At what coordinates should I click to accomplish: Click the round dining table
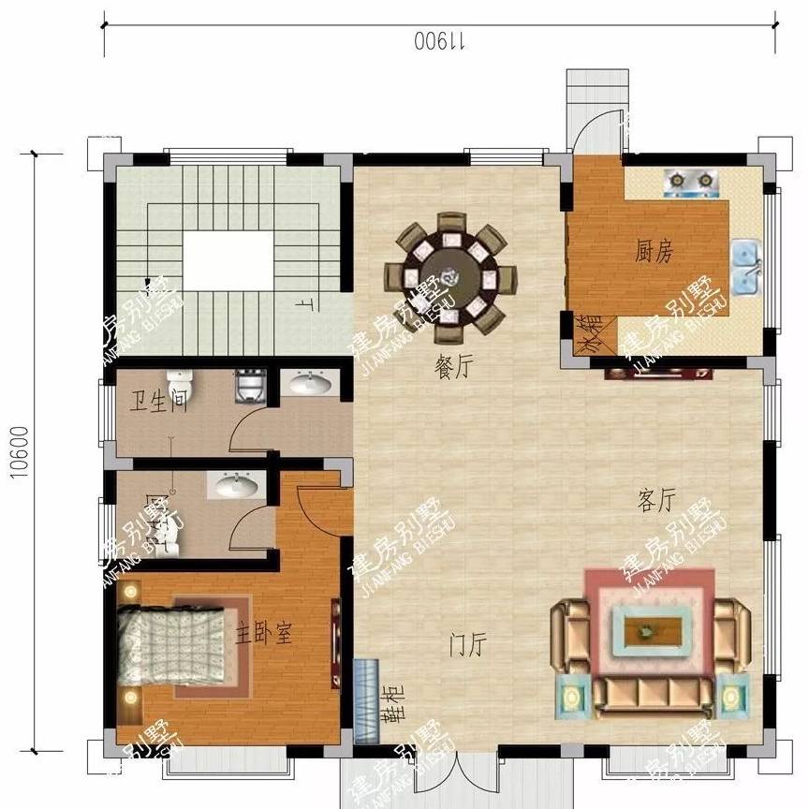point(450,274)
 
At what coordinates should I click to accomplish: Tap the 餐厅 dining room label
point(451,369)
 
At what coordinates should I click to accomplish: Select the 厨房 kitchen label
point(654,251)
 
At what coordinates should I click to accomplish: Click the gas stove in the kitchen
point(688,182)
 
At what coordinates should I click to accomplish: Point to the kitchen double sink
point(746,267)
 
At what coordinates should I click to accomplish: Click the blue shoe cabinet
point(367,701)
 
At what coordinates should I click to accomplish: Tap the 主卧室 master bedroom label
point(264,633)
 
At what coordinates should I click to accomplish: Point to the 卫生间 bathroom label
point(158,404)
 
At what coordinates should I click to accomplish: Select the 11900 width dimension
point(440,42)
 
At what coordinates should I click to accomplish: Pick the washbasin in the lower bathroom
point(235,485)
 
